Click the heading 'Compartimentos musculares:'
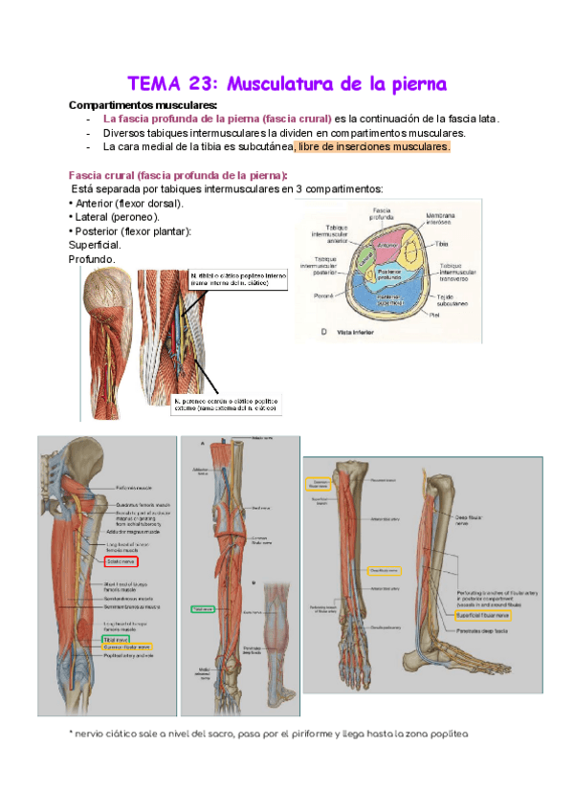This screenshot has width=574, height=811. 143,104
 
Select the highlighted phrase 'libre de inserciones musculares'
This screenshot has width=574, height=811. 372,147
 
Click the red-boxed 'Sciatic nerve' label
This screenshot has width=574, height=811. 127,562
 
